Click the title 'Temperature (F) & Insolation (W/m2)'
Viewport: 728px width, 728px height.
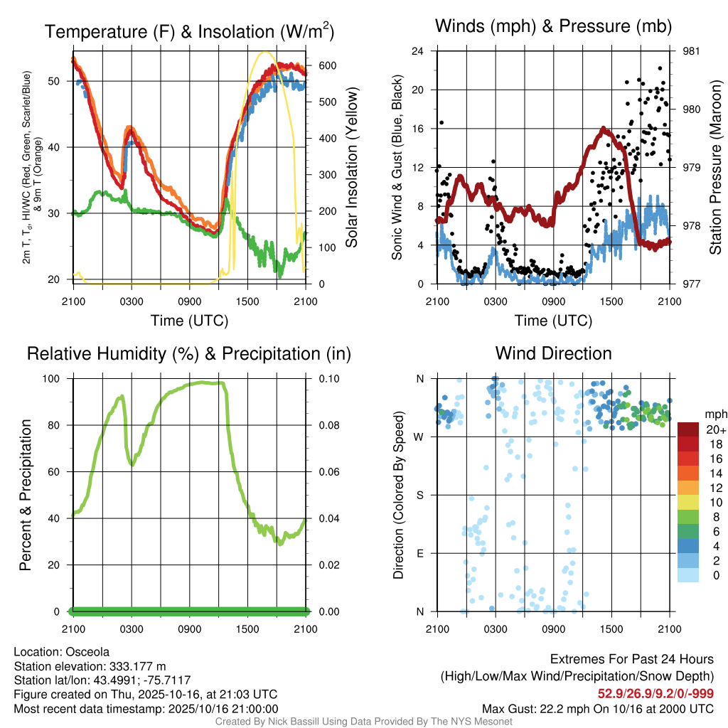point(189,31)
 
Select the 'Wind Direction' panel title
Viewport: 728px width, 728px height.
point(553,353)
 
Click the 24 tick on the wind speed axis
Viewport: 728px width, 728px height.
point(418,51)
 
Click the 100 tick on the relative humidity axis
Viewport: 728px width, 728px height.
point(53,379)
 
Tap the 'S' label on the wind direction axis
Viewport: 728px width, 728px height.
point(419,495)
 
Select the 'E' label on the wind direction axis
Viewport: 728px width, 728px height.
point(419,553)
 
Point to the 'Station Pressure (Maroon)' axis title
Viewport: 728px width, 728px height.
point(716,168)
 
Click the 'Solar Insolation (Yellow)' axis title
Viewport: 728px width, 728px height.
point(352,168)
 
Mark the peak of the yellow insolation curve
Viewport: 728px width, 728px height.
point(265,52)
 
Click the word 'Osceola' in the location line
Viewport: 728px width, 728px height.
point(87,652)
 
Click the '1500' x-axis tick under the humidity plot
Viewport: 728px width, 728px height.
point(247,628)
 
